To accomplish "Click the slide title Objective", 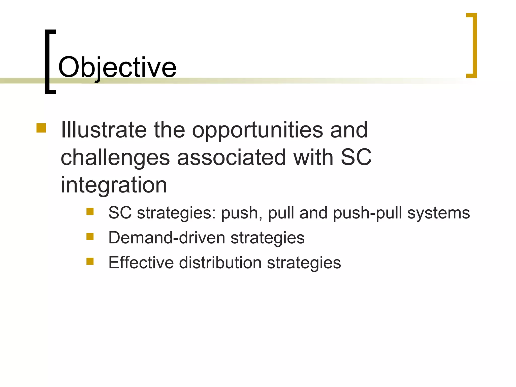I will click(x=117, y=68).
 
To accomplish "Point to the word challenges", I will click(x=115, y=158).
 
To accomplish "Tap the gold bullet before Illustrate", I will click(x=41, y=128).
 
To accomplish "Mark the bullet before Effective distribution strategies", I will click(x=90, y=261).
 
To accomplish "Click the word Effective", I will click(x=141, y=263).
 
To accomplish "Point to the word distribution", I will click(x=220, y=263).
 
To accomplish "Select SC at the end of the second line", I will click(x=356, y=157).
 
